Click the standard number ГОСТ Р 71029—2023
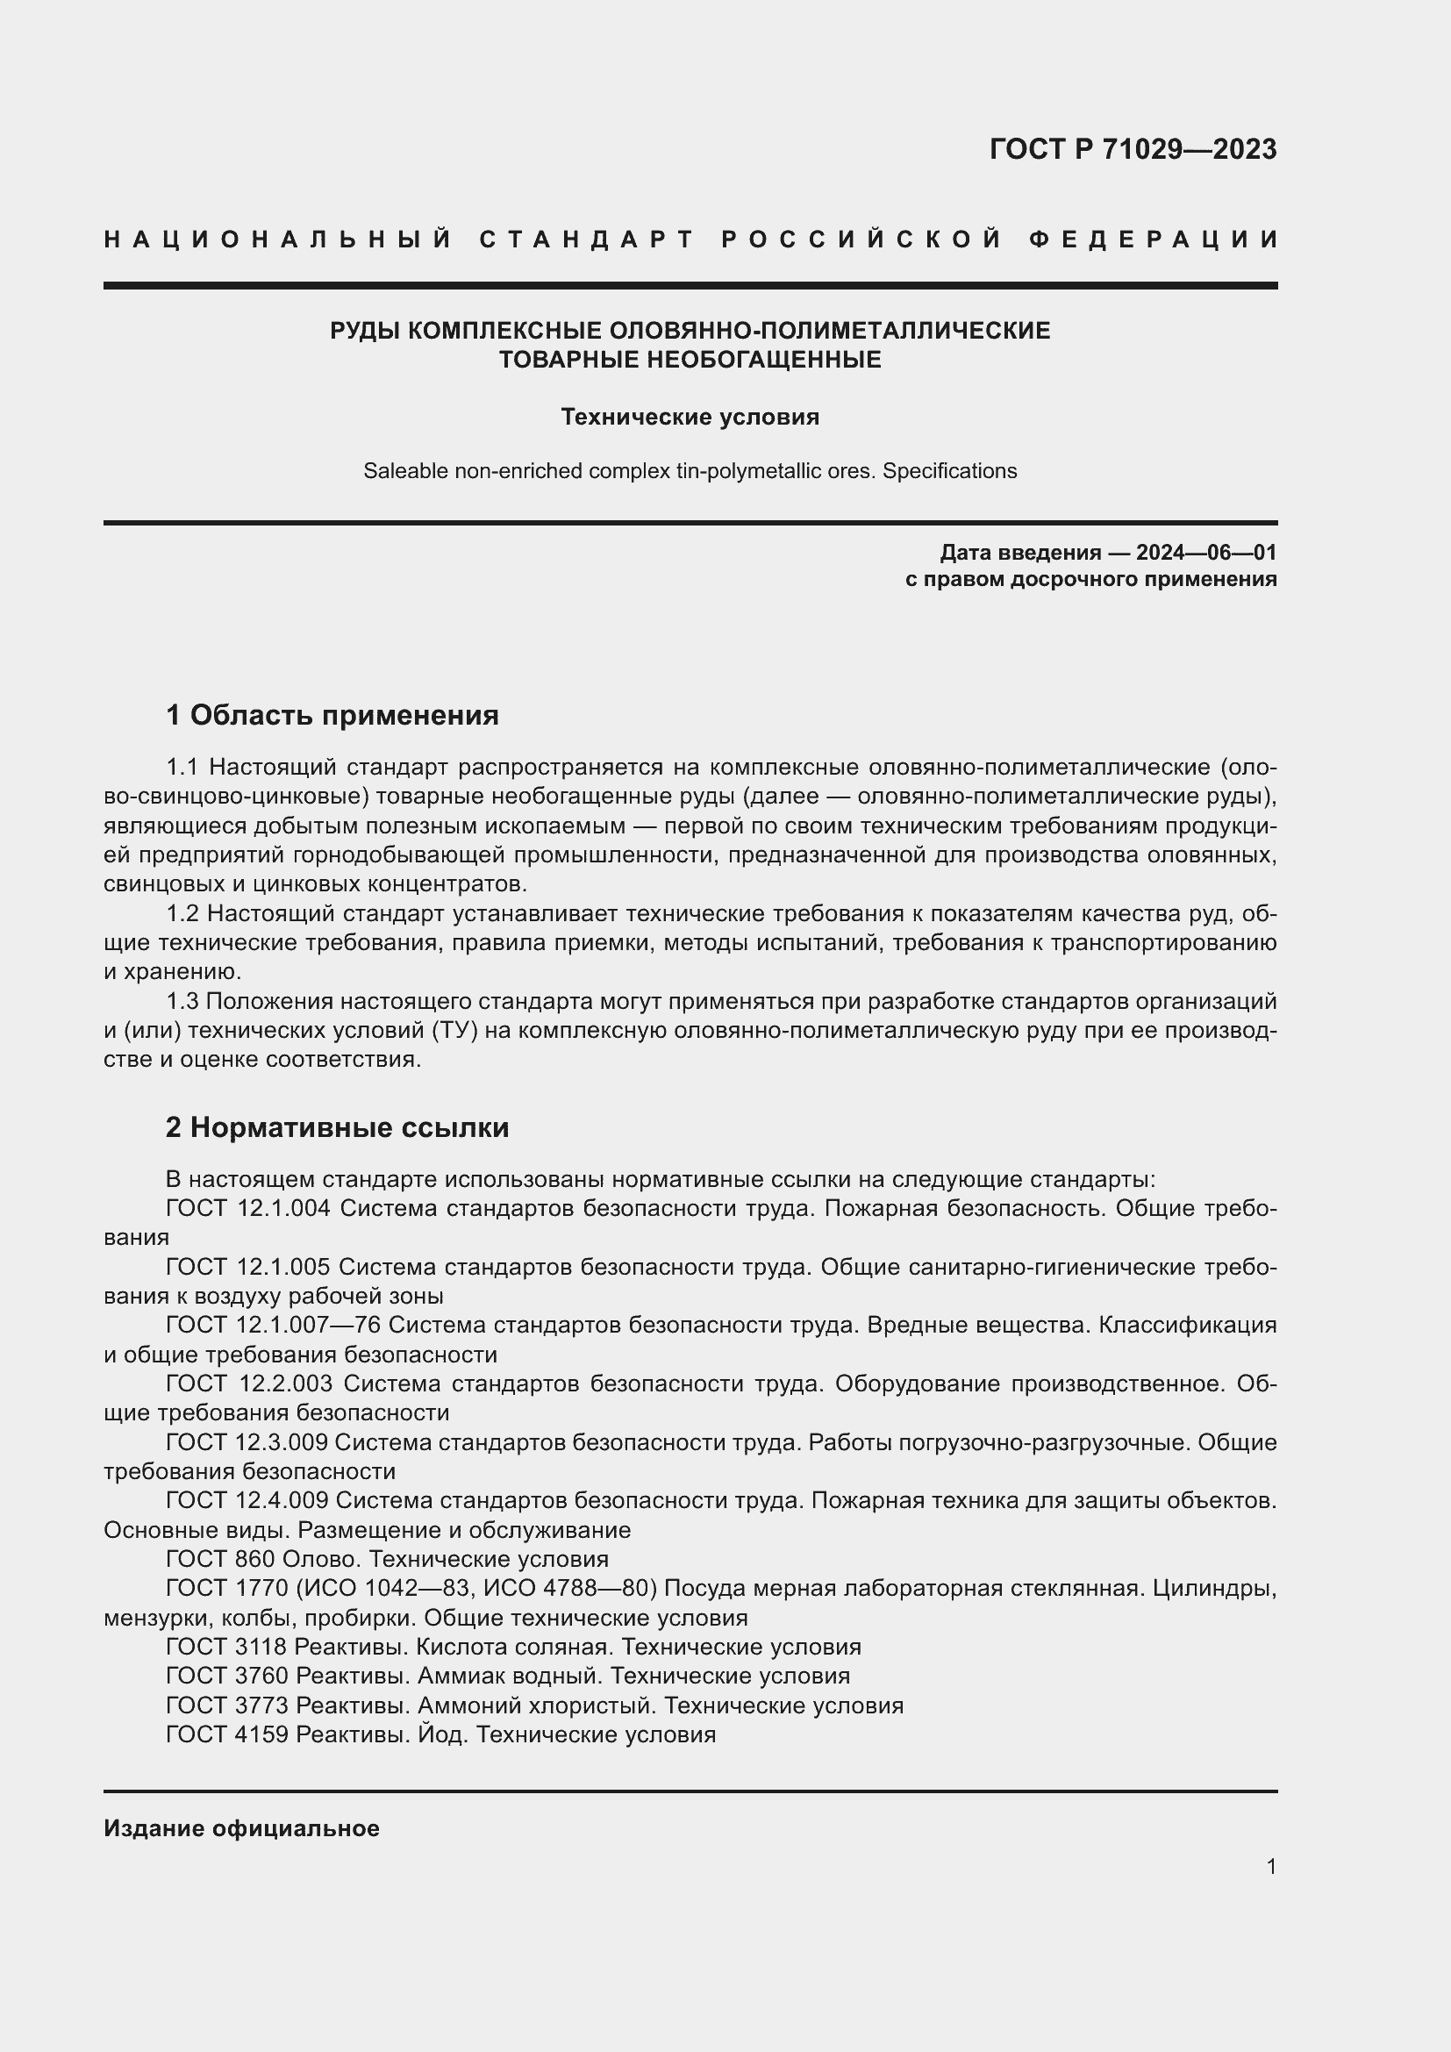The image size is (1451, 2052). point(1132,149)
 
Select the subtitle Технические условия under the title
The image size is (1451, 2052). point(690,418)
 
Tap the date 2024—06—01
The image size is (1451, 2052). point(1205,553)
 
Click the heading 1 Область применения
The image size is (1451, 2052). point(332,715)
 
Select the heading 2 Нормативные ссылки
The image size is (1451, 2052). point(337,1128)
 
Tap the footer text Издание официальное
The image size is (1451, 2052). point(241,1828)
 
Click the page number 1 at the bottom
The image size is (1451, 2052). point(1270,1866)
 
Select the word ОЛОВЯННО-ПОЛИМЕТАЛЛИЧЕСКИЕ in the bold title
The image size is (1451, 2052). point(829,331)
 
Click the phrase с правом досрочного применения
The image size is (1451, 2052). point(1090,579)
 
